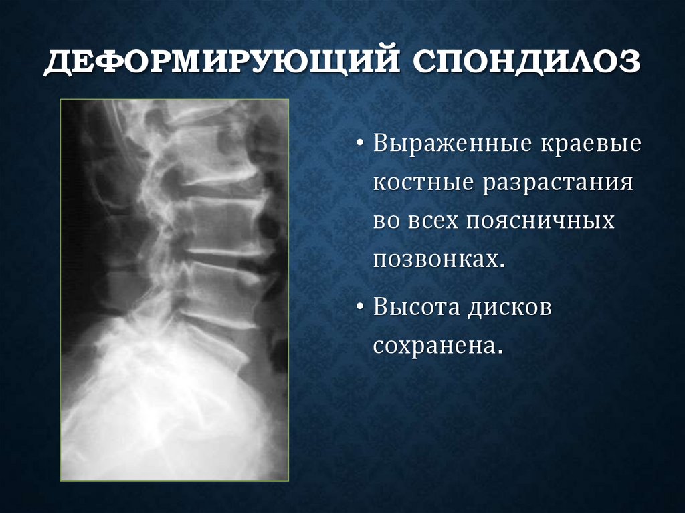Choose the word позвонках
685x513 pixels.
tap(435, 258)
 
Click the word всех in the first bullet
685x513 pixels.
tap(429, 220)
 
